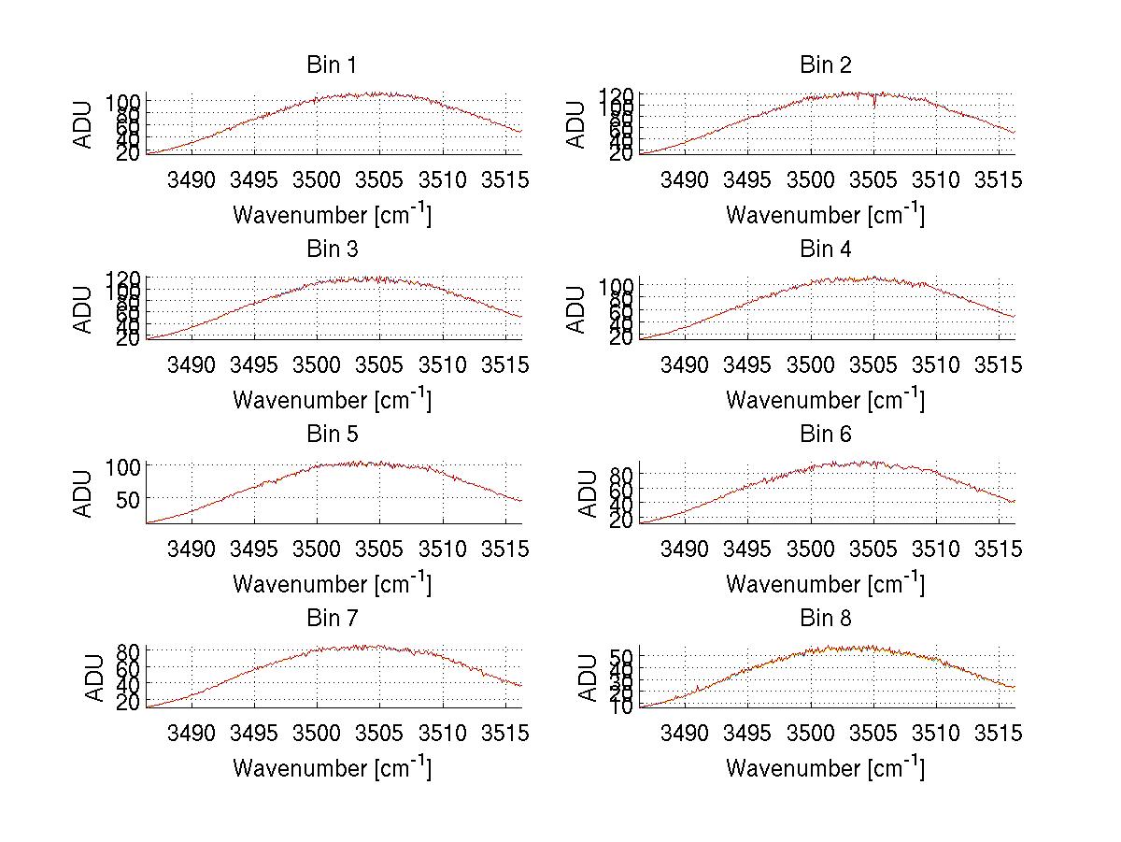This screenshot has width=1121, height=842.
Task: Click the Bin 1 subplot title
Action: [332, 65]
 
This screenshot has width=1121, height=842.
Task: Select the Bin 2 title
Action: [825, 65]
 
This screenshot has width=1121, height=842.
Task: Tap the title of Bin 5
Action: [332, 435]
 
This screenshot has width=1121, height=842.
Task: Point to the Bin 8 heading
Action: [825, 619]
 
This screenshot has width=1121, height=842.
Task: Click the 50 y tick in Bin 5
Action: [129, 498]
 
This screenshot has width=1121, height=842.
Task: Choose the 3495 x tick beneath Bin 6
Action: [746, 549]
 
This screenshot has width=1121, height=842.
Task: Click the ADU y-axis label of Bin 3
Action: [84, 309]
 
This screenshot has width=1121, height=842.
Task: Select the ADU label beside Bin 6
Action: [589, 493]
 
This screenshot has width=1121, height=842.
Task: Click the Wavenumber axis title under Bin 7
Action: [332, 768]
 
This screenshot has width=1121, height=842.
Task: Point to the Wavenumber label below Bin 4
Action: [825, 400]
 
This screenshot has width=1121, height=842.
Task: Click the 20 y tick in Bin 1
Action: [129, 151]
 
